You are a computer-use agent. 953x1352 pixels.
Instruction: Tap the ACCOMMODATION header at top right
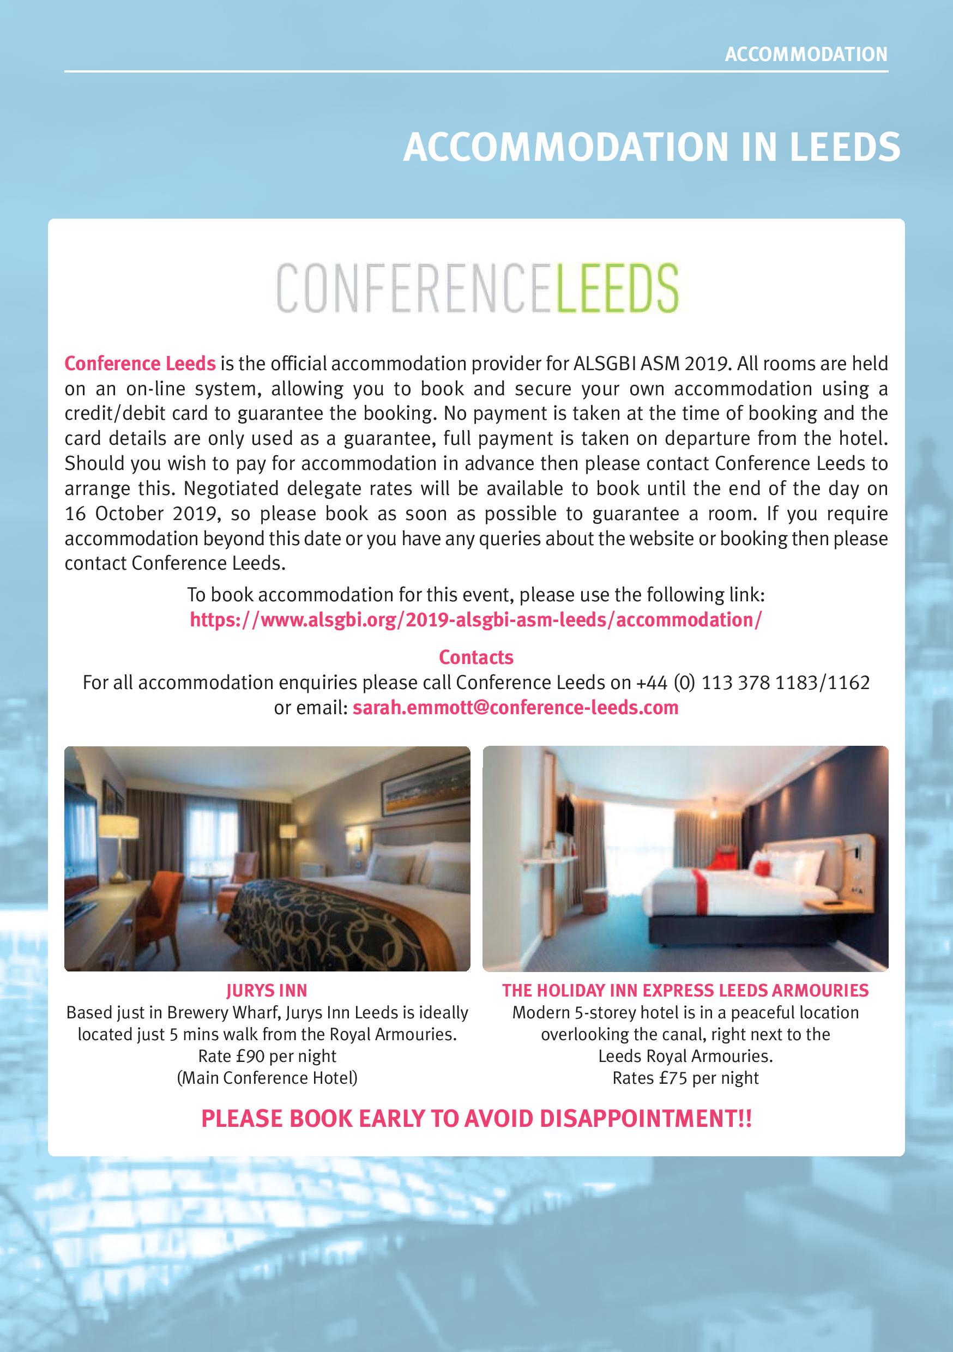tap(806, 55)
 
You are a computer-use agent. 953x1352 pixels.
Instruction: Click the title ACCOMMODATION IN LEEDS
tap(652, 147)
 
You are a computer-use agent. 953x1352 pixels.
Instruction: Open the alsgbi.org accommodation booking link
tap(476, 619)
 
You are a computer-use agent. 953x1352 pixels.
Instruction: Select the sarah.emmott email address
tap(515, 707)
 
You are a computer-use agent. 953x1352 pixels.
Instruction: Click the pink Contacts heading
tap(476, 656)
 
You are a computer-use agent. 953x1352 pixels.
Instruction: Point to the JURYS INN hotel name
tap(267, 991)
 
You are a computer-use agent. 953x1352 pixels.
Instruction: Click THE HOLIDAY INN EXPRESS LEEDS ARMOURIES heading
tap(685, 991)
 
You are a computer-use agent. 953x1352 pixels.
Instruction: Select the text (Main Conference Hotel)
tap(267, 1078)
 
